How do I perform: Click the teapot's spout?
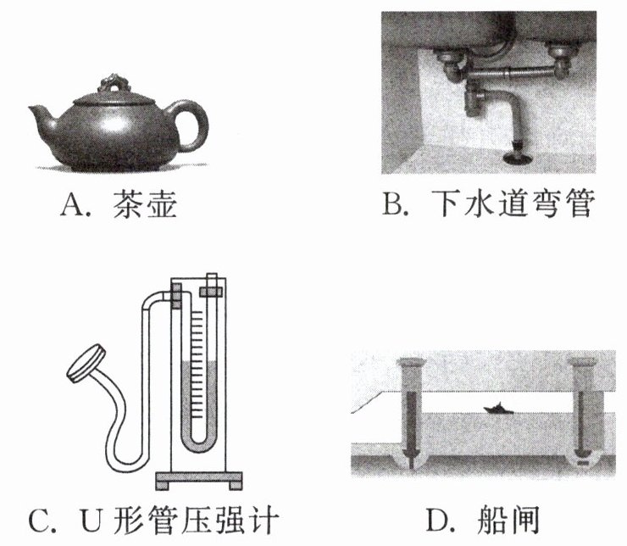pos(42,114)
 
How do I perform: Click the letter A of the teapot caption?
pos(70,204)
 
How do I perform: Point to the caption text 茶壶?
pos(145,204)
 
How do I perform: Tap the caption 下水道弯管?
pos(513,204)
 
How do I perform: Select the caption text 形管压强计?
pos(195,520)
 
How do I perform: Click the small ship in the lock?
pos(497,409)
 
